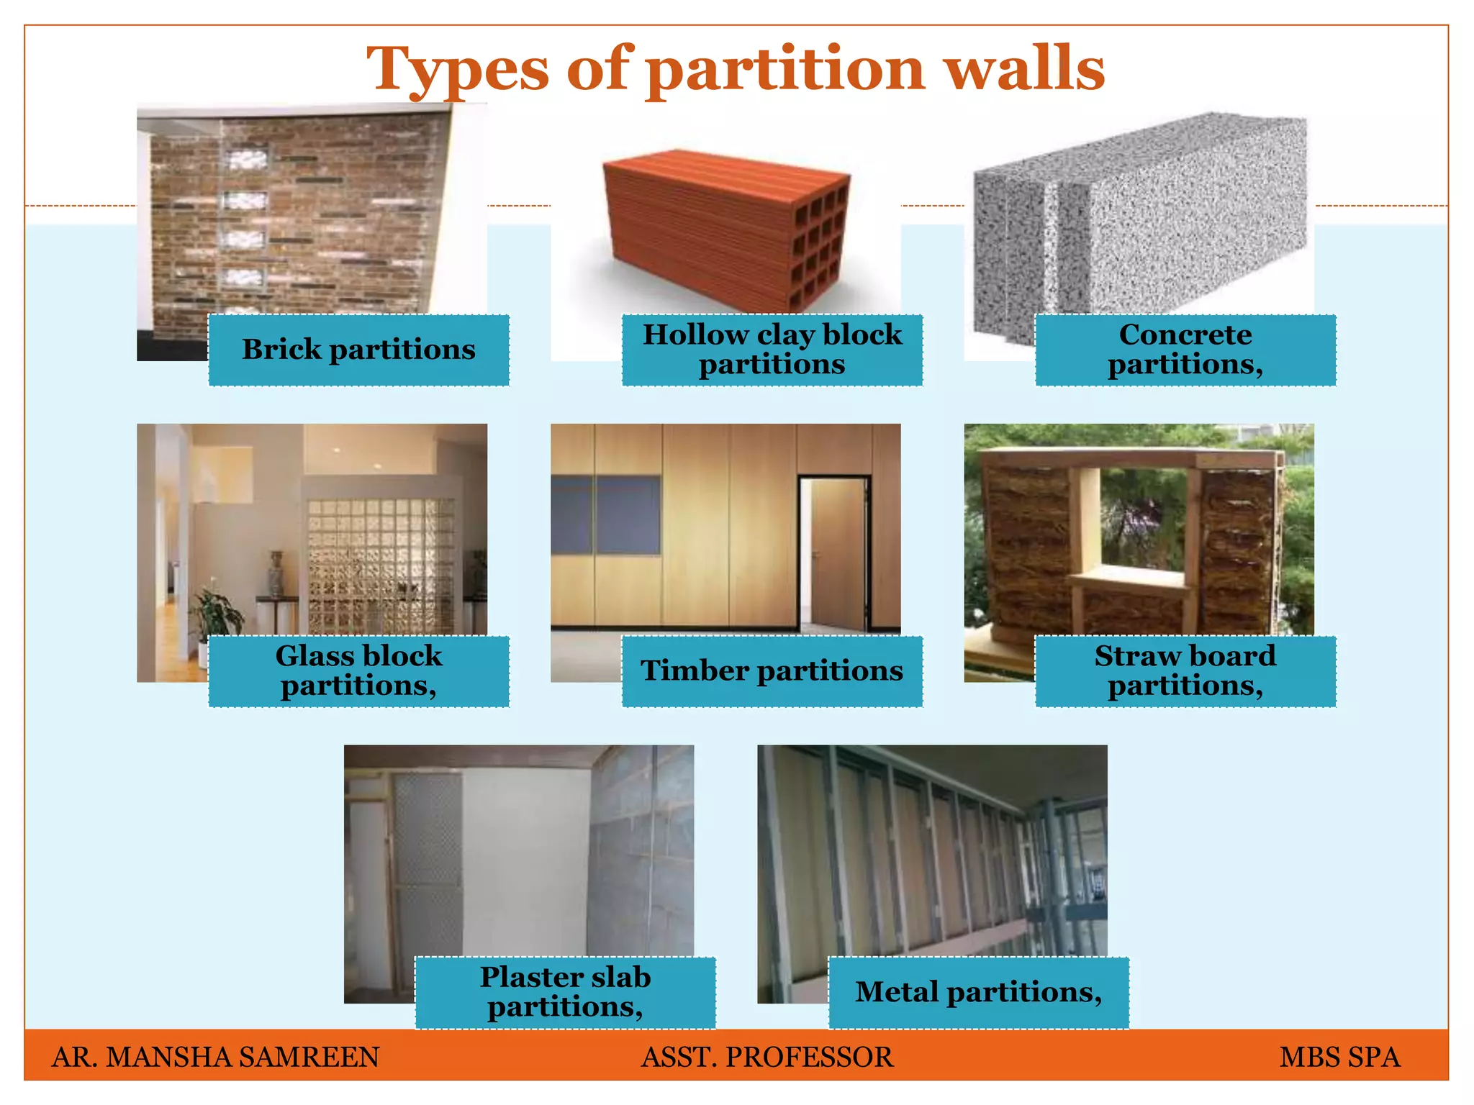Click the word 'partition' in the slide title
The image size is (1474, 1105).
785,70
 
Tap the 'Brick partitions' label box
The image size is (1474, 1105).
358,350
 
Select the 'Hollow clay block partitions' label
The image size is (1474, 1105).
772,350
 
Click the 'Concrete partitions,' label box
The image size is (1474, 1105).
1185,350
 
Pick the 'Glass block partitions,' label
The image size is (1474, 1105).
358,671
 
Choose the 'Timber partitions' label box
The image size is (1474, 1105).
772,671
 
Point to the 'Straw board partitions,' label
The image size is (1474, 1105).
1185,671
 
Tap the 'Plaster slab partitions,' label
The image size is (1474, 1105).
565,993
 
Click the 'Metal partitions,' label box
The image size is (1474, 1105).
978,993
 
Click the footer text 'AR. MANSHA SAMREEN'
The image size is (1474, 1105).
215,1057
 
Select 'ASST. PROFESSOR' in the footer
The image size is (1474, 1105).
767,1057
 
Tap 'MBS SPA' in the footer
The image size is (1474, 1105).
1339,1057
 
